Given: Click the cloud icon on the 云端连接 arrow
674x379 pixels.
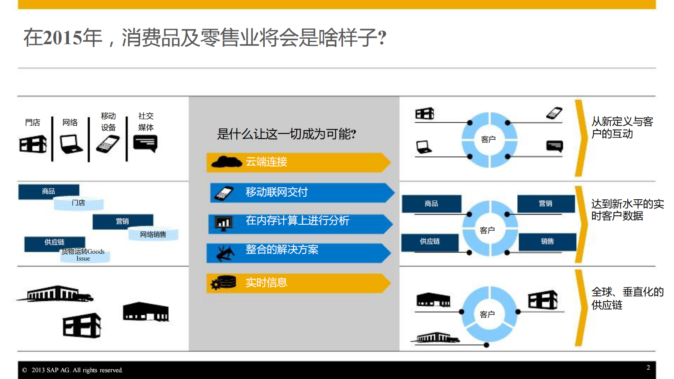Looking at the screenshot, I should point(226,162).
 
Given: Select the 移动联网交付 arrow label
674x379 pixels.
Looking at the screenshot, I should point(276,192).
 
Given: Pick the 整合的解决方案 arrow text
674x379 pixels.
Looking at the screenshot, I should point(282,249).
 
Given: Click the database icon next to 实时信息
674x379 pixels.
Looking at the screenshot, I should point(224,283).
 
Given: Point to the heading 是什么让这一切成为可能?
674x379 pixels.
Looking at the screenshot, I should point(286,134).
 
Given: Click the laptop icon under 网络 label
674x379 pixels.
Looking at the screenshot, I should point(71,144).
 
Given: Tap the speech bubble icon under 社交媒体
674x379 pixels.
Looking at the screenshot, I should point(145,143).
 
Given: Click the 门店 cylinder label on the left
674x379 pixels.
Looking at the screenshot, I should point(79,203).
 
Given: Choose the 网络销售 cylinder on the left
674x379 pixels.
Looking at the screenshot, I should point(153,235).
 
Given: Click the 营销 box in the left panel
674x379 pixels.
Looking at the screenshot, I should point(122,221).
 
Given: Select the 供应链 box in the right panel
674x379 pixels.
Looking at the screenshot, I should point(430,242).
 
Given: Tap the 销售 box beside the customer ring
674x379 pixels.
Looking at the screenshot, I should point(547,242).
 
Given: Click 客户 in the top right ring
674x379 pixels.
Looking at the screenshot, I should point(488,139).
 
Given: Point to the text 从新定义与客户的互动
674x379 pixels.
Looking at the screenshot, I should point(622,127).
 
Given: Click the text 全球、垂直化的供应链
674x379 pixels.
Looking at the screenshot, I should point(627,298).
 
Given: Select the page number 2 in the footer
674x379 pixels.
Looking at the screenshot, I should point(648,368).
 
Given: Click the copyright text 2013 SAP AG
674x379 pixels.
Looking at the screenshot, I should point(77,370).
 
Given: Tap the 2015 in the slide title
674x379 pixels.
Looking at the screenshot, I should point(62,38).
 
